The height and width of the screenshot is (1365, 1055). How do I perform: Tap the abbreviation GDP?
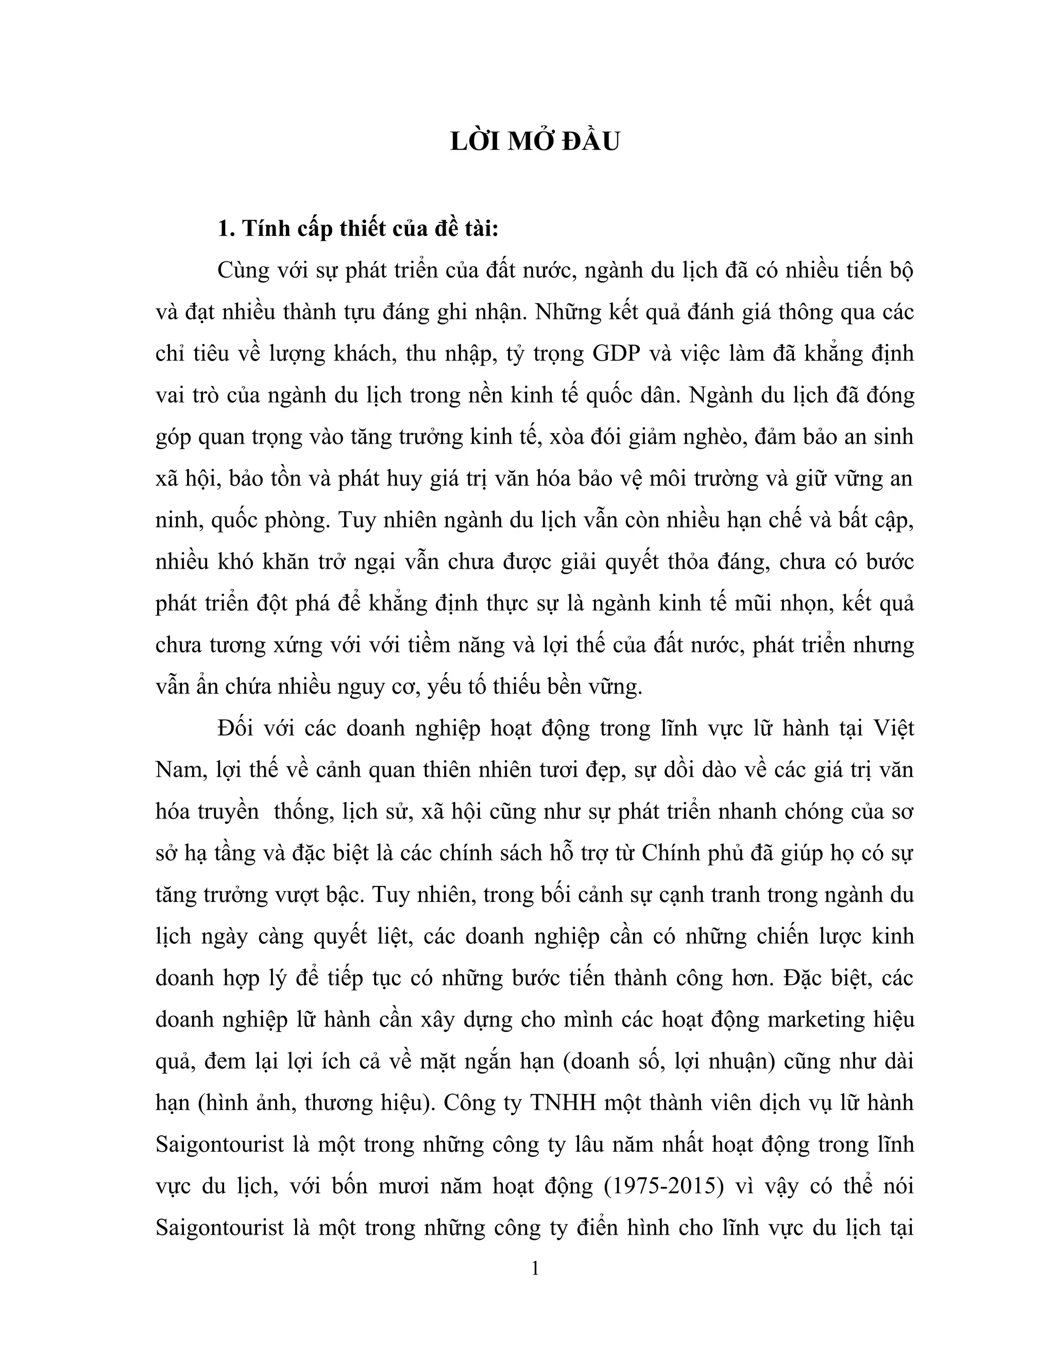pos(610,353)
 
